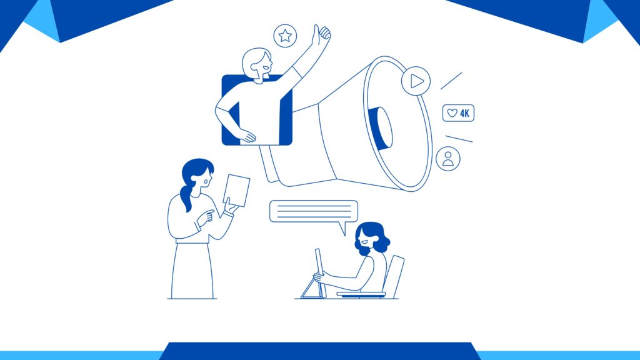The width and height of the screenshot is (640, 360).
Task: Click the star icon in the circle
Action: [285, 36]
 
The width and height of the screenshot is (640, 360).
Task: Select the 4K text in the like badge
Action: [464, 114]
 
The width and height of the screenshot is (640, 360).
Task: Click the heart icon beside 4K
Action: [452, 113]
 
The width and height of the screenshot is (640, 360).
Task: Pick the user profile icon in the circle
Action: [447, 159]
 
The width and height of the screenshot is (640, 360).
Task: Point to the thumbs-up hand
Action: [321, 35]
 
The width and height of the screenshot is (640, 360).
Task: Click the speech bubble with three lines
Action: [314, 211]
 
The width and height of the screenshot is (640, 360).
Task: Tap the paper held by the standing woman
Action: [237, 191]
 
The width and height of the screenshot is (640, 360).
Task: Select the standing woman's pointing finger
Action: [208, 212]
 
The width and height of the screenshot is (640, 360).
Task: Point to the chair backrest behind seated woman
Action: [394, 276]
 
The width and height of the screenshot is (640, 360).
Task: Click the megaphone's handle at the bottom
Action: [269, 164]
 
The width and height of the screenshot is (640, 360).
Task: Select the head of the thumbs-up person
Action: [257, 64]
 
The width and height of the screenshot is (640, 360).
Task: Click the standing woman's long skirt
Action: [192, 271]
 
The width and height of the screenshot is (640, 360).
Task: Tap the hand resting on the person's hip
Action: [247, 136]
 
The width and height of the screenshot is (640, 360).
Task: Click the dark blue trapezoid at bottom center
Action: [319, 351]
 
